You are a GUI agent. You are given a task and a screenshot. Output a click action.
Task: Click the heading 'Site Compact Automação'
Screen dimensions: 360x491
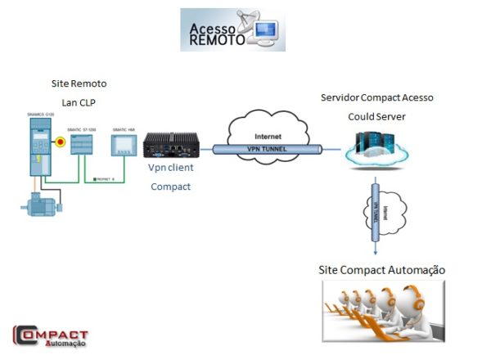(x=381, y=270)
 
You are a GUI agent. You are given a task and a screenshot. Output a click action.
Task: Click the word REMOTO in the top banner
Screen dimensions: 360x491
(x=216, y=40)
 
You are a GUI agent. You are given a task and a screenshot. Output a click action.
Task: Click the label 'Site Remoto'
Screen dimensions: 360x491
(x=79, y=84)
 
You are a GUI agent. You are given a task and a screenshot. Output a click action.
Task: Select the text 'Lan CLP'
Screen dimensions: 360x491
(x=79, y=102)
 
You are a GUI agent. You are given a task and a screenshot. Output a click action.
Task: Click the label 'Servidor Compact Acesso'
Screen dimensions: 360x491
(x=376, y=98)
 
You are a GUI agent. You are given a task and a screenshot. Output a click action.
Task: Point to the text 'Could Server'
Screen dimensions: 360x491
(x=376, y=116)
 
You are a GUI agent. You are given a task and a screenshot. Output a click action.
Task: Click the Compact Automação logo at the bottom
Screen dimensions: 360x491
(x=50, y=336)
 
